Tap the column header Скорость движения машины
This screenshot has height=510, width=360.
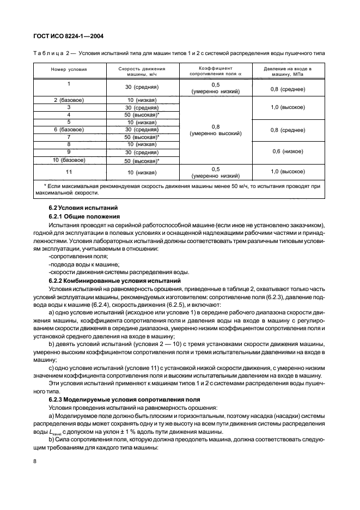pyautogui.click(x=142, y=70)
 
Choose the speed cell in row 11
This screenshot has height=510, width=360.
pyautogui.click(x=142, y=173)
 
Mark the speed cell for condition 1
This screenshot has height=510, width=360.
pyautogui.click(x=142, y=87)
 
